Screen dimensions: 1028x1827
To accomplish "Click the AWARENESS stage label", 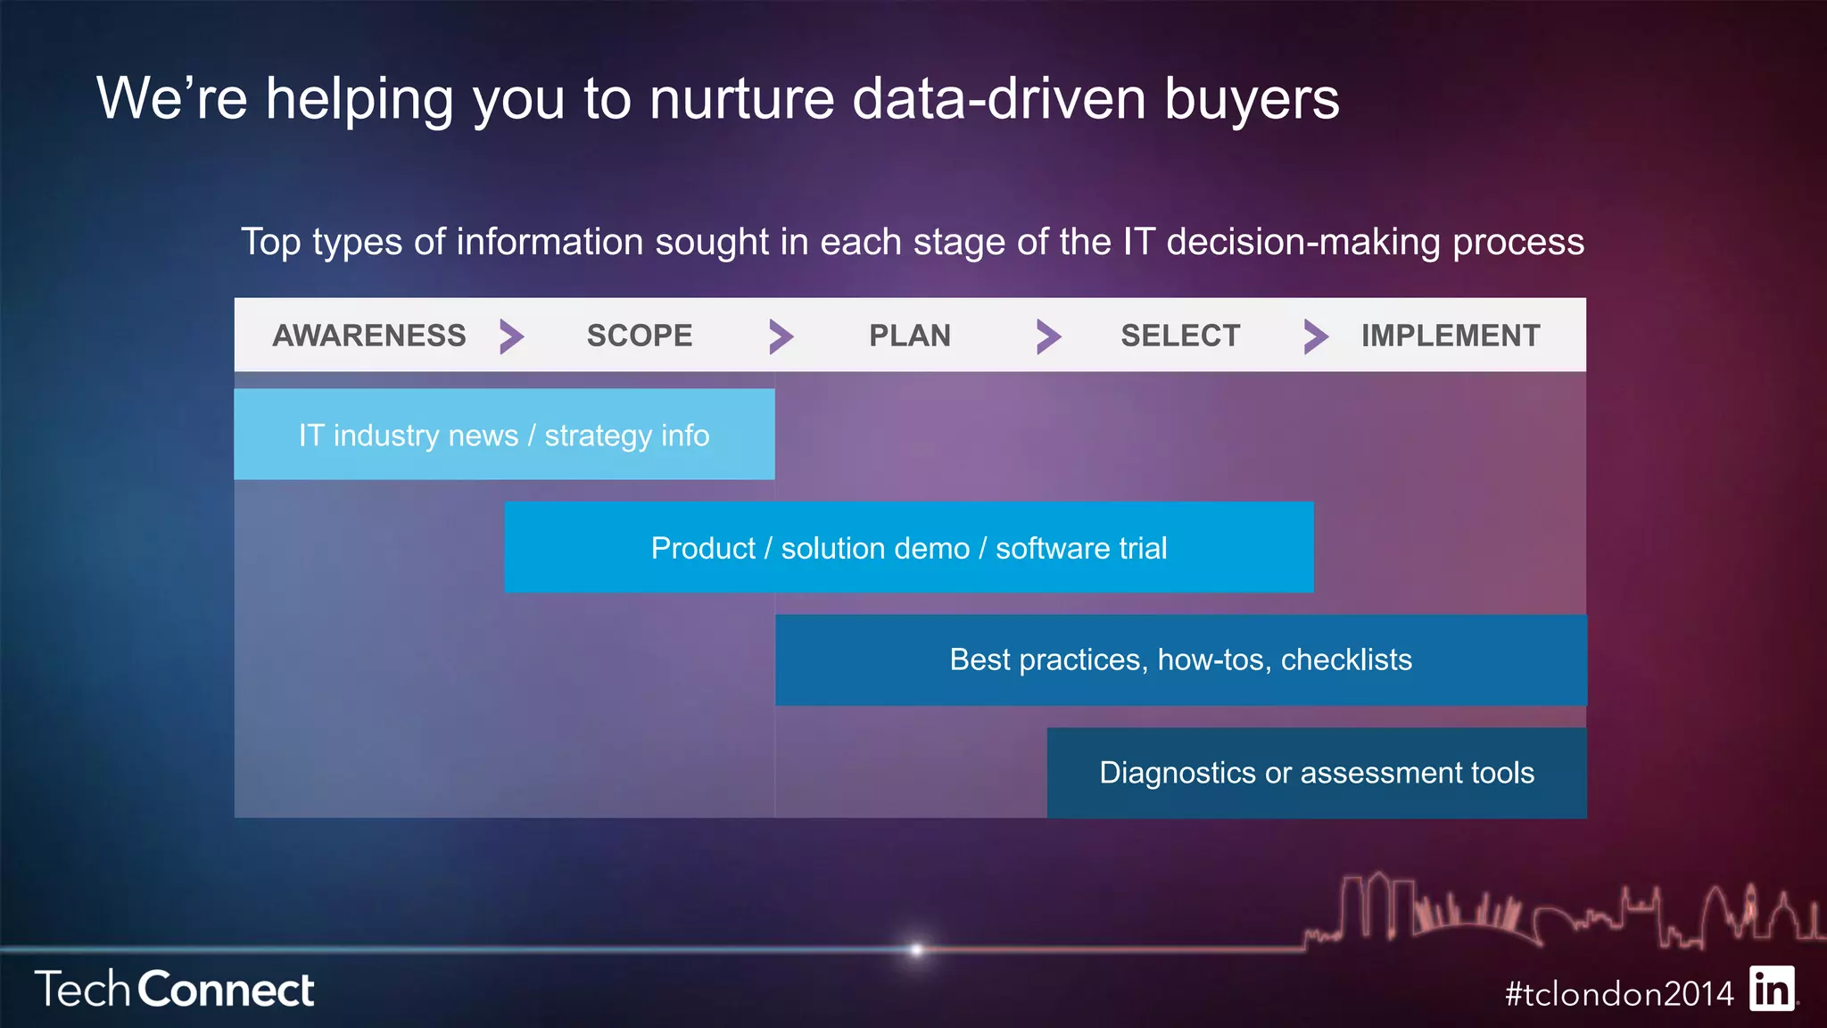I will (x=368, y=336).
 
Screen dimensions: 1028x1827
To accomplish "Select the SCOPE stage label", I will (x=639, y=336).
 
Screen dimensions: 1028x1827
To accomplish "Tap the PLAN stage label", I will (x=909, y=336).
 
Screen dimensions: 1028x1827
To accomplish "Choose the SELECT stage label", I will (x=1179, y=336).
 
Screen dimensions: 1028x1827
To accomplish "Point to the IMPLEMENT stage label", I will (x=1450, y=336).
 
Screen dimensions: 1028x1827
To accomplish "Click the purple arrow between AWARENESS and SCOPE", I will (x=511, y=336).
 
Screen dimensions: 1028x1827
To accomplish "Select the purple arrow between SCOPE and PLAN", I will (x=781, y=336).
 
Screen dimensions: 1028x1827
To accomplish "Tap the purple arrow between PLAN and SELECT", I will (x=1048, y=336).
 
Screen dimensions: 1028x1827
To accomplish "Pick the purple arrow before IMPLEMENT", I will (x=1316, y=336).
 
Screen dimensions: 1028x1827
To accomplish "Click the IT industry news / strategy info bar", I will (x=504, y=435).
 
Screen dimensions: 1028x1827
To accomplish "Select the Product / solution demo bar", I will (x=908, y=547).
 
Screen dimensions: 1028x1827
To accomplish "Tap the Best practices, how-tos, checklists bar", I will (x=1180, y=659).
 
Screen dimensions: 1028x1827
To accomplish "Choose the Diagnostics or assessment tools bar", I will (x=1316, y=773).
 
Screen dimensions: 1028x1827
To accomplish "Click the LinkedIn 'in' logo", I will (x=1772, y=989).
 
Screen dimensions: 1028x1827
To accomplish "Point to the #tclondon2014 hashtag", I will (x=1618, y=993).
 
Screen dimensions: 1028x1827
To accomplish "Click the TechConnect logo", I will (x=174, y=990).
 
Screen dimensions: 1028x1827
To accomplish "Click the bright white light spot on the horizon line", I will (x=916, y=949).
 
